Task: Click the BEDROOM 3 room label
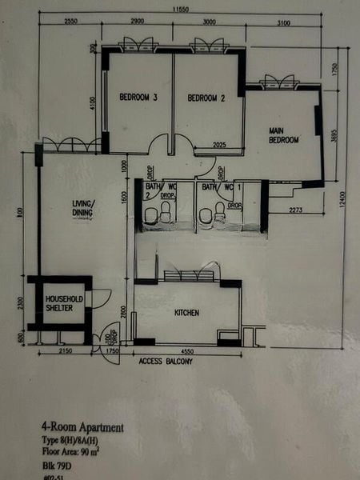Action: point(138,98)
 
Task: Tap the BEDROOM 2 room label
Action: point(206,98)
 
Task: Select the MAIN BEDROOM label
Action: point(283,134)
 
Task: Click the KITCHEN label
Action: point(186,313)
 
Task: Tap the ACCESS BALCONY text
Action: point(166,361)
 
